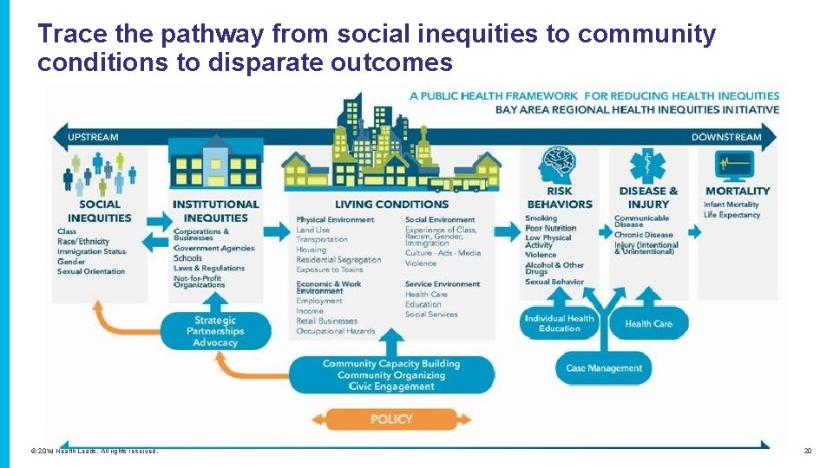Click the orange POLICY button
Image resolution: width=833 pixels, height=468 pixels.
(x=391, y=419)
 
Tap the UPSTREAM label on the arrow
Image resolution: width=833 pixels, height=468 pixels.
(x=93, y=137)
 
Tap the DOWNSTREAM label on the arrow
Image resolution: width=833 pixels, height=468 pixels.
(x=725, y=137)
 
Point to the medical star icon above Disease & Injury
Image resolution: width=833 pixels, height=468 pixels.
(x=647, y=166)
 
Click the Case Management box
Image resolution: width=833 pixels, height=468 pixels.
(x=604, y=368)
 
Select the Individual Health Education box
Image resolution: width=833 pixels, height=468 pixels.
(x=559, y=323)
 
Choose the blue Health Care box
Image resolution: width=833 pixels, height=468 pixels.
(x=649, y=324)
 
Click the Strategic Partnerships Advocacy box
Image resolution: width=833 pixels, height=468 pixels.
(x=214, y=332)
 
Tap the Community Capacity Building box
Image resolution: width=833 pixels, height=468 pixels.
(x=390, y=375)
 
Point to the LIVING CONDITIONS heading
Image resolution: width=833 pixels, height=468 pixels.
(x=391, y=205)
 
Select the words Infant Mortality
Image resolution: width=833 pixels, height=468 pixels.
(x=731, y=205)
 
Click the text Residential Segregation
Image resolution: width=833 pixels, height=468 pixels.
(x=338, y=260)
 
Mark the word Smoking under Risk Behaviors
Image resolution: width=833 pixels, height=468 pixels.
(x=541, y=218)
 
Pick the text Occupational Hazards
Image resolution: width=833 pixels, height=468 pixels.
(x=336, y=331)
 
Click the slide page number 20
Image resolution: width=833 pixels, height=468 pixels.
(x=807, y=452)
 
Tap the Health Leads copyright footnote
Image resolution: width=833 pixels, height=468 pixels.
(x=95, y=452)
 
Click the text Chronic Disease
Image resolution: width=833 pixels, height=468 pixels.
(x=643, y=235)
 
